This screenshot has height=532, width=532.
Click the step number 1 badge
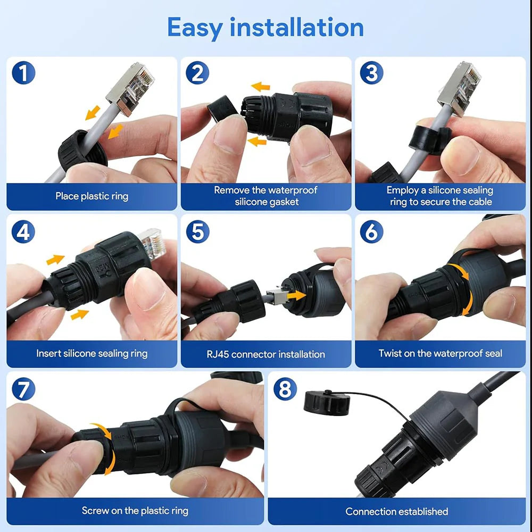23,73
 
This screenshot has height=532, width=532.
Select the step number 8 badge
285,390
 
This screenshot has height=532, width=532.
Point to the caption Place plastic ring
92,196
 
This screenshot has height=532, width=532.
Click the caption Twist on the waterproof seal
440,353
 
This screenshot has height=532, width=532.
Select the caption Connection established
396,511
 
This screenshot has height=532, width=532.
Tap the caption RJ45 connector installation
265,354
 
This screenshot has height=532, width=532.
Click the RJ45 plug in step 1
131,87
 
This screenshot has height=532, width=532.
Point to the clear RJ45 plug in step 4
149,244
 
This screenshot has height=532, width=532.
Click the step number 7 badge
23,390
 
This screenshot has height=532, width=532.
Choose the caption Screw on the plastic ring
135,511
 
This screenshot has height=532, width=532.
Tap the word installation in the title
297,28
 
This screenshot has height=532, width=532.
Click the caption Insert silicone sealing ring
92,353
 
